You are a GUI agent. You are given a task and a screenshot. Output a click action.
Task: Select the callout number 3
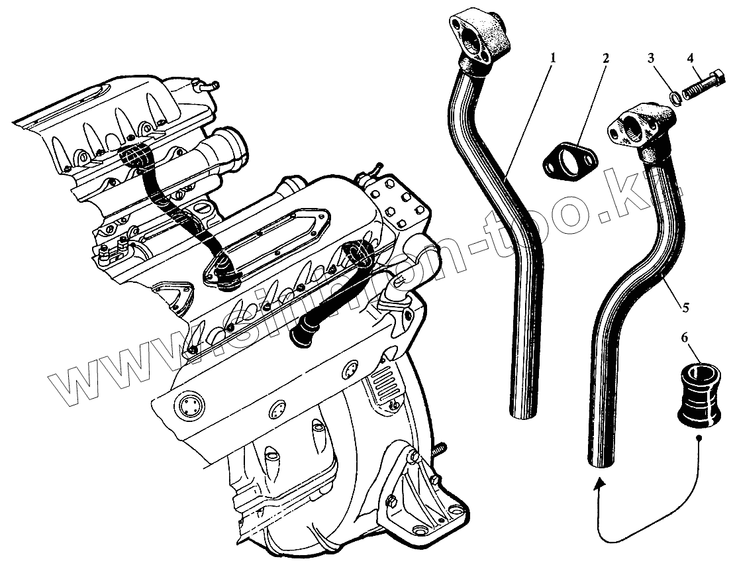tap(652, 58)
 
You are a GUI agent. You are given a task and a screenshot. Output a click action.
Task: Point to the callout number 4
tap(691, 58)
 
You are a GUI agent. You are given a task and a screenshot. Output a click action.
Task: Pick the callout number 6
tap(685, 338)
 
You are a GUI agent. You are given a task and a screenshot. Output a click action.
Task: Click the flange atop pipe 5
tap(642, 125)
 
